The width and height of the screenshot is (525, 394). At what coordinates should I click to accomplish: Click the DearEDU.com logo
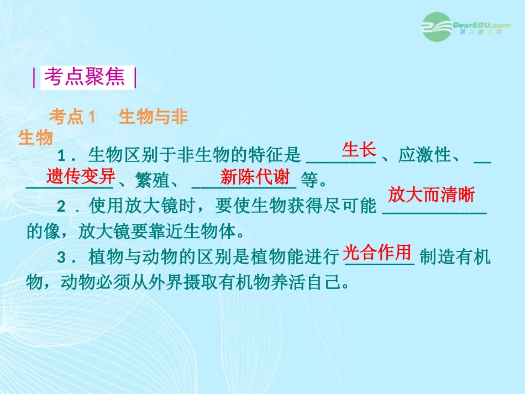pyautogui.click(x=465, y=26)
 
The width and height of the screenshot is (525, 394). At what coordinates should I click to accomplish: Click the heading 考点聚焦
pyautogui.click(x=85, y=77)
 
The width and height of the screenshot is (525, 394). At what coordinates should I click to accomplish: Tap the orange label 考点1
pyautogui.click(x=72, y=117)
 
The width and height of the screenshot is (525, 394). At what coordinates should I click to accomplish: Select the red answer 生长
pyautogui.click(x=359, y=150)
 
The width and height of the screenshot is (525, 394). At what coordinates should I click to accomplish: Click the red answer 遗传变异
pyautogui.click(x=81, y=176)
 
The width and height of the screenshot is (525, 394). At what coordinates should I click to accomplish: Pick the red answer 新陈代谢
pyautogui.click(x=255, y=177)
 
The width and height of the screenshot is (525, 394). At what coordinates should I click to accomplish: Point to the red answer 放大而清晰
pyautogui.click(x=431, y=195)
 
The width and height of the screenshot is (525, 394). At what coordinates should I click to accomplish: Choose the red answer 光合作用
pyautogui.click(x=379, y=253)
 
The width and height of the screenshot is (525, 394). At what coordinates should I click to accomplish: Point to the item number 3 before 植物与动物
pyautogui.click(x=62, y=258)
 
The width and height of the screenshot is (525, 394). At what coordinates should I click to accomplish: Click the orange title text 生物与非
pyautogui.click(x=154, y=117)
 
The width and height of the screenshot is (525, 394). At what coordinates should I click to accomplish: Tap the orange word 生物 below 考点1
pyautogui.click(x=35, y=138)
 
